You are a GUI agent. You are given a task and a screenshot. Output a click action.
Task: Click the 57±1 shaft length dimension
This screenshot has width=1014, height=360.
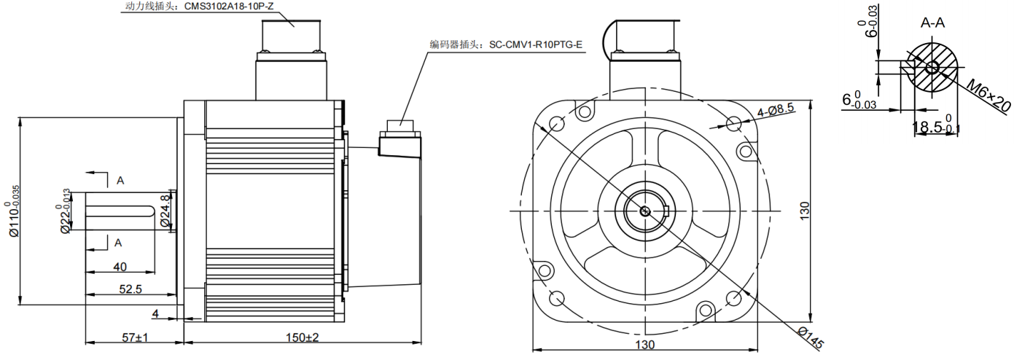134,338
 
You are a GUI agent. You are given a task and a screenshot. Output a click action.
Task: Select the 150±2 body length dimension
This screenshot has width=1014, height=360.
301,338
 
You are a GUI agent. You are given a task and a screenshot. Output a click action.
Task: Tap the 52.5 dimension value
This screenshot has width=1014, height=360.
130,289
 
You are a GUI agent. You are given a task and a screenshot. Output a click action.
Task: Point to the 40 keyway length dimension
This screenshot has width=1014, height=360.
120,267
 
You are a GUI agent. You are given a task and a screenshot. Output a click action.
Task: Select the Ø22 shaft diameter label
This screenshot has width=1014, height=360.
66,212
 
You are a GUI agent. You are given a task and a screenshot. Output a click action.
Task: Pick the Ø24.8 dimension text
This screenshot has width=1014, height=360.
165,211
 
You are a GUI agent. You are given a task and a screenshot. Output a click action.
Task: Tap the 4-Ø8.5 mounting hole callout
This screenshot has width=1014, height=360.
776,110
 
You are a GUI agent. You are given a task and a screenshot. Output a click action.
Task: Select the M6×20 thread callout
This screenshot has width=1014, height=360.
988,95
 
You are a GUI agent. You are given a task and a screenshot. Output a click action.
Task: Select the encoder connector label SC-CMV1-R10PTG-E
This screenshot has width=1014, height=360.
506,44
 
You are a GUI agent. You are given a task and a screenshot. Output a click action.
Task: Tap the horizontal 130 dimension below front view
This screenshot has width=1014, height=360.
645,344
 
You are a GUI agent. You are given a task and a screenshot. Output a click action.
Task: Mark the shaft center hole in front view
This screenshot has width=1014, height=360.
645,211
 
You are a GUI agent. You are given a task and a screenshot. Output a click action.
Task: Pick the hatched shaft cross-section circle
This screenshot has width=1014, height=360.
932,68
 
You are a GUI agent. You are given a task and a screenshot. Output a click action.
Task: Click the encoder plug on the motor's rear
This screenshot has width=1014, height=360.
398,138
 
